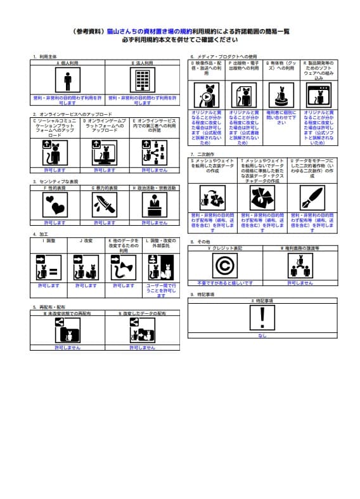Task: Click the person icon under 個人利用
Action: click(67, 81)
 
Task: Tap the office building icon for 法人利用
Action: click(142, 81)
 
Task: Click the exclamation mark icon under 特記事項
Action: click(262, 316)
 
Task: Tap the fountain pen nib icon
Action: click(312, 197)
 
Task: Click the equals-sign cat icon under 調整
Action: click(48, 267)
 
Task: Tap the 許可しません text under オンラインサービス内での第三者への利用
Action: click(155, 171)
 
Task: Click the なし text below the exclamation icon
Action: click(262, 335)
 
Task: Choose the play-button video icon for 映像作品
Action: click(208, 96)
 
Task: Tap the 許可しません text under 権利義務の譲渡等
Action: click(299, 283)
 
